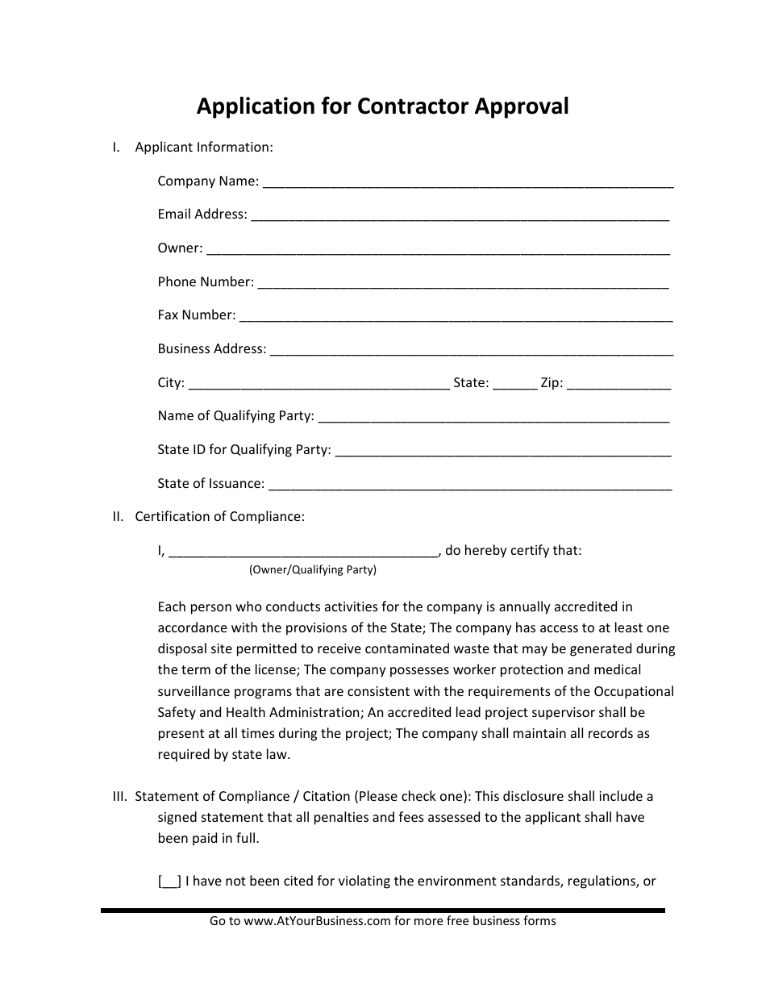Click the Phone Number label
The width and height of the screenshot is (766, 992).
(x=206, y=281)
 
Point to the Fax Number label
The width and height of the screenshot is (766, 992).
(x=197, y=315)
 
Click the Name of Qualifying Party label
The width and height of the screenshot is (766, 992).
(x=235, y=416)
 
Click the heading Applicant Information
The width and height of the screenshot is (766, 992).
(x=204, y=148)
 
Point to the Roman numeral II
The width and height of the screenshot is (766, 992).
(x=117, y=517)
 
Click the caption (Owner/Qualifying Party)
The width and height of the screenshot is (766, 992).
(x=312, y=570)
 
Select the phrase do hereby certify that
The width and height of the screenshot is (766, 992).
(x=513, y=551)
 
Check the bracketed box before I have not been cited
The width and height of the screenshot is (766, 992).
(x=170, y=882)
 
